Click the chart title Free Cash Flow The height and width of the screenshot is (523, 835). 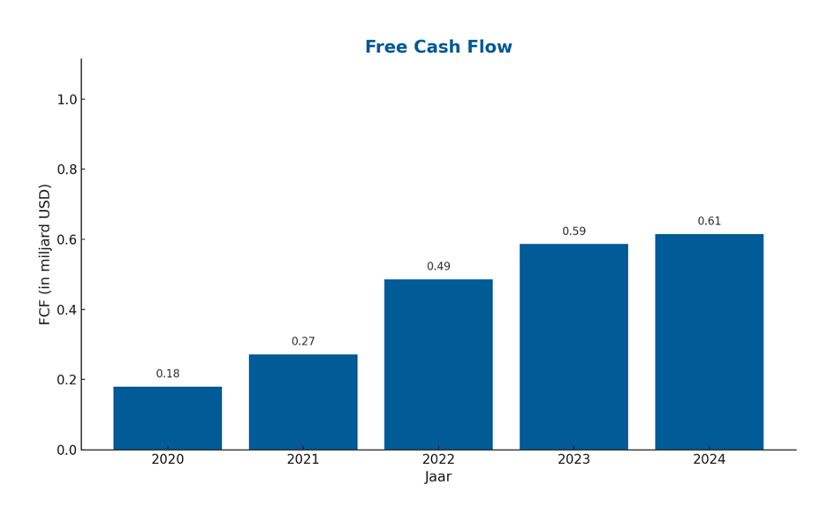(x=438, y=47)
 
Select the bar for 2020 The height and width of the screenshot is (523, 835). (x=168, y=418)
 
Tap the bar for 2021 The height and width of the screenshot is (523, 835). (x=303, y=402)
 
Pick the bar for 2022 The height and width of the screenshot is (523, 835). (x=438, y=364)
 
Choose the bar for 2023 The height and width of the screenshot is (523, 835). (x=573, y=346)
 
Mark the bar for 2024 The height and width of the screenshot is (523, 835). (x=710, y=342)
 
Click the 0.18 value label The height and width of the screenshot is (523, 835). (x=168, y=374)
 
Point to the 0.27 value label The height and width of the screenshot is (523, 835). (x=303, y=341)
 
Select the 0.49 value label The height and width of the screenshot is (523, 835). (x=438, y=266)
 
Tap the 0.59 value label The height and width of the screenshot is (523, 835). (x=574, y=231)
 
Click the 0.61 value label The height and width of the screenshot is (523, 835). (x=710, y=221)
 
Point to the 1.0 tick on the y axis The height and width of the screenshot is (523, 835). (x=68, y=100)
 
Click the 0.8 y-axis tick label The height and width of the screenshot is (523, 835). (x=68, y=170)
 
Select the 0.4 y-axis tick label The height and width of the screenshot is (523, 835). (x=68, y=309)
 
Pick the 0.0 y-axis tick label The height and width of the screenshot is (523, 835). (x=68, y=450)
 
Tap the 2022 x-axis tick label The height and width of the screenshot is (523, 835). (x=438, y=459)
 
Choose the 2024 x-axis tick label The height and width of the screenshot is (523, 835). (x=710, y=459)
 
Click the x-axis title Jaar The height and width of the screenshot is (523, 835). (x=438, y=477)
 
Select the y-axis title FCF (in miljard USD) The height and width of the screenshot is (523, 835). (x=45, y=254)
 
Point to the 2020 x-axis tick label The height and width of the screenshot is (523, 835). (x=168, y=459)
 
